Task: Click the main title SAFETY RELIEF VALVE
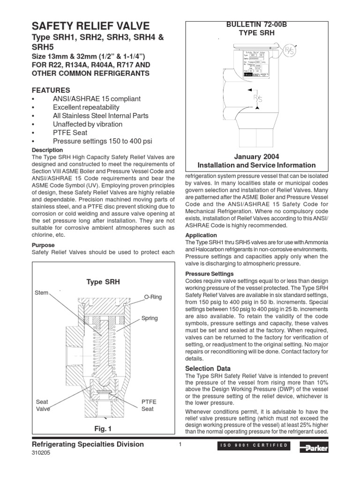[x=90, y=26]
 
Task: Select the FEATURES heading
[x=51, y=90]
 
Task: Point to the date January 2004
[x=256, y=156]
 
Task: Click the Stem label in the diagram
[x=41, y=293]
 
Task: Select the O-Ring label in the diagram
[x=152, y=297]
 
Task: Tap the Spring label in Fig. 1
[x=150, y=318]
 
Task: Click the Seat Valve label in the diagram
[x=43, y=405]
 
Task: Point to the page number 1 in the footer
[x=180, y=444]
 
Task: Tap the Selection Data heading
[x=208, y=369]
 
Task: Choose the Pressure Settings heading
[x=210, y=273]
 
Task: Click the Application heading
[x=201, y=235]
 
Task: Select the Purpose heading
[x=43, y=245]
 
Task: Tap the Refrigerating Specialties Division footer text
[x=87, y=444]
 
